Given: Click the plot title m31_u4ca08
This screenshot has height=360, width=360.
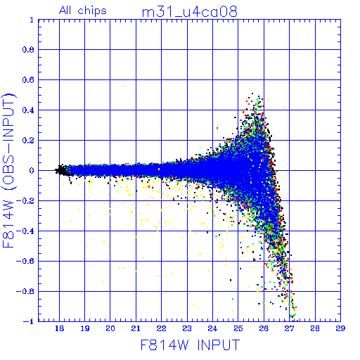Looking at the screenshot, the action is tap(190, 12).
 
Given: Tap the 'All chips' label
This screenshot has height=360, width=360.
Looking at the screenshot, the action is tap(83, 11).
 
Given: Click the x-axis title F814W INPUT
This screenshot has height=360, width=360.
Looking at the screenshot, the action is tap(191, 345).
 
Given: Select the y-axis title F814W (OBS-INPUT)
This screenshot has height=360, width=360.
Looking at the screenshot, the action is tap(8, 171).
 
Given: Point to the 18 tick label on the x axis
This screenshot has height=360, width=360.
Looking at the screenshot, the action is tap(59, 328).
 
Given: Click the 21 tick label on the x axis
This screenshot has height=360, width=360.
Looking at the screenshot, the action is tap(136, 328).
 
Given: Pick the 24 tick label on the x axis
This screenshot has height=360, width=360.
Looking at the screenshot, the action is tap(212, 328).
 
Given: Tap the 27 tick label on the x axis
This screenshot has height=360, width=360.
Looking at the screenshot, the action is tap(289, 328).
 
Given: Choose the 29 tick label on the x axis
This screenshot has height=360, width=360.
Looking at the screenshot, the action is tap(340, 328).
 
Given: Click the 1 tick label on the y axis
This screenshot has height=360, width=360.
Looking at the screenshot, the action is tap(32, 20).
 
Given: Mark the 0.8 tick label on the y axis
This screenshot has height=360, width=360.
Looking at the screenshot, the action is tap(28, 50).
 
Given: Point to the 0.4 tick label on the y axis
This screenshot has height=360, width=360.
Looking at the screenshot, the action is tap(28, 110).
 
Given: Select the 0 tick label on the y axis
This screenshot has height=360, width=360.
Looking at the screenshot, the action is tap(32, 171).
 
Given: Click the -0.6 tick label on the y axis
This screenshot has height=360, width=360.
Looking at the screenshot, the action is tap(25, 261).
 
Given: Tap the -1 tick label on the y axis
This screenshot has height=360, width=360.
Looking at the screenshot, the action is tap(29, 321).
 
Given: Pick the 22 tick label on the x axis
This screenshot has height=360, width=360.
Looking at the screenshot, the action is tap(162, 328).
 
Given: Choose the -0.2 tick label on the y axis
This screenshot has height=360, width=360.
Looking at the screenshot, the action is tap(25, 201).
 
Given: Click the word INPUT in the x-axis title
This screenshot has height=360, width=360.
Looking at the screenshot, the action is tap(219, 345).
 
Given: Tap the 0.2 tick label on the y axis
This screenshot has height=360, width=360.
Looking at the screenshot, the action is tap(28, 141).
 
